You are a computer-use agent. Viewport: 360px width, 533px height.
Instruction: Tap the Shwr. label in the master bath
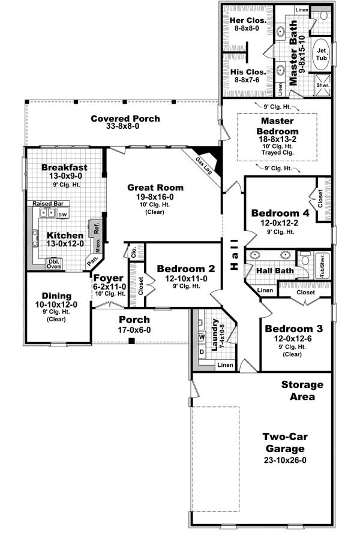click(323, 86)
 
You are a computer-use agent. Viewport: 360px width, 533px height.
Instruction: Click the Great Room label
click(155, 188)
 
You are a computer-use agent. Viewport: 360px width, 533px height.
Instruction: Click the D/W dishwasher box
click(63, 214)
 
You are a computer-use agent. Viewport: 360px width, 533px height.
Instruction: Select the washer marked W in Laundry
click(202, 337)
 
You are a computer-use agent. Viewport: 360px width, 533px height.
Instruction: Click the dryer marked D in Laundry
click(202, 350)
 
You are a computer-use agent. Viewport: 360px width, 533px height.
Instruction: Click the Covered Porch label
click(125, 118)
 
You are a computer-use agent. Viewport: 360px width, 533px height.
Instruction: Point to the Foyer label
click(108, 278)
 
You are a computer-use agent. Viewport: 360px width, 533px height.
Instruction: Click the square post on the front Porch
click(131, 342)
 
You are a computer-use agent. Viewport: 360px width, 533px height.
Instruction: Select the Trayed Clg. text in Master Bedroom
click(276, 152)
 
